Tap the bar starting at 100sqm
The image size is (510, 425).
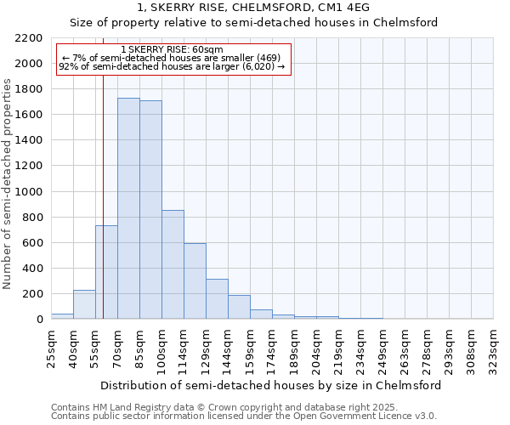tap(173, 264)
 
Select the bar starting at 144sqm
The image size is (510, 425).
tap(239, 307)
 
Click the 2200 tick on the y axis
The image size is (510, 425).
tap(30, 38)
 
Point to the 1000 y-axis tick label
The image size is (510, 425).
tap(30, 192)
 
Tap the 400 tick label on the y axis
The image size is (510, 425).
tap(33, 269)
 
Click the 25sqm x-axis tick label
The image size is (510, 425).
tap(51, 344)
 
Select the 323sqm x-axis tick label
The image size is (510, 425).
tap(493, 344)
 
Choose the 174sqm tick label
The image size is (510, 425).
tap(272, 344)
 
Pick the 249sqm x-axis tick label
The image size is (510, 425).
tap(382, 344)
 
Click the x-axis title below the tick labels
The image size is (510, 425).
tap(272, 385)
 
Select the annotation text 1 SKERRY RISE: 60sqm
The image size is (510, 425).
tap(173, 50)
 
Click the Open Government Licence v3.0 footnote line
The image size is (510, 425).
tap(244, 416)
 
